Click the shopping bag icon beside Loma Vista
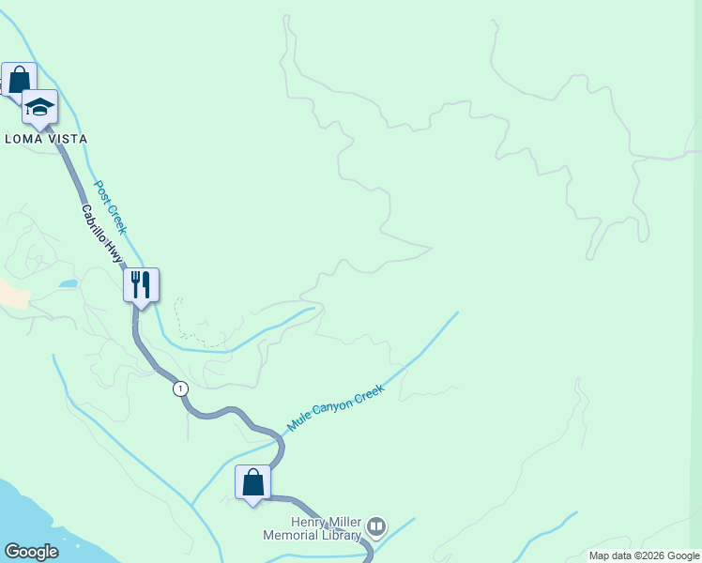pos(19,79)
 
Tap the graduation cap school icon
pos(39,106)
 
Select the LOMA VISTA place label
pos(46,139)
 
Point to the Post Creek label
pos(111,206)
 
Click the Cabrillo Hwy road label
pos(102,234)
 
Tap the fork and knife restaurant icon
pos(141,284)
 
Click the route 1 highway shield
pos(180,388)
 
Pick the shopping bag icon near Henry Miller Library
pos(252,482)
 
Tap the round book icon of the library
pos(376,527)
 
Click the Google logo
pos(31,552)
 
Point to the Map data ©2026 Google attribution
pos(644,555)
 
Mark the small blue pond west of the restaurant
pos(67,282)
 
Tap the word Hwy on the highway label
pos(115,252)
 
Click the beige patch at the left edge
pos(11,295)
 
